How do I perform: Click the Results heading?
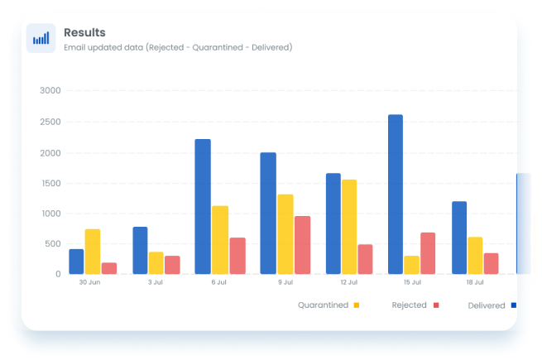tap(84, 32)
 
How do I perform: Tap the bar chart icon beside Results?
tap(41, 38)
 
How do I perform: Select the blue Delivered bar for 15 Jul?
tap(396, 194)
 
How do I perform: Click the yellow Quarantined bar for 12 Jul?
tap(349, 226)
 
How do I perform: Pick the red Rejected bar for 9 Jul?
tap(302, 245)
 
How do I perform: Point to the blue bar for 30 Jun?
tap(76, 261)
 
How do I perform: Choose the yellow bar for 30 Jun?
tap(93, 251)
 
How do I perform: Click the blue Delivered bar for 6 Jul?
tap(203, 206)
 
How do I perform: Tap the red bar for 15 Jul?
tap(428, 252)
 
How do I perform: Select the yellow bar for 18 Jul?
tap(475, 255)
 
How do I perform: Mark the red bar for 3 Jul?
tap(172, 265)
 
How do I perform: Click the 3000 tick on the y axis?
tap(50, 91)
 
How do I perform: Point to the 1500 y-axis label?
tap(50, 183)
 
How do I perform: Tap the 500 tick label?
tap(53, 244)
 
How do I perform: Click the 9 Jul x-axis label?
tap(285, 283)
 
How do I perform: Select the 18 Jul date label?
tap(475, 283)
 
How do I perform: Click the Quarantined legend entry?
tap(324, 305)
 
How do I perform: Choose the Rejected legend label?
tap(410, 305)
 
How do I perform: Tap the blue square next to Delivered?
tap(513, 305)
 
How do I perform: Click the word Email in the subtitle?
tap(76, 47)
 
